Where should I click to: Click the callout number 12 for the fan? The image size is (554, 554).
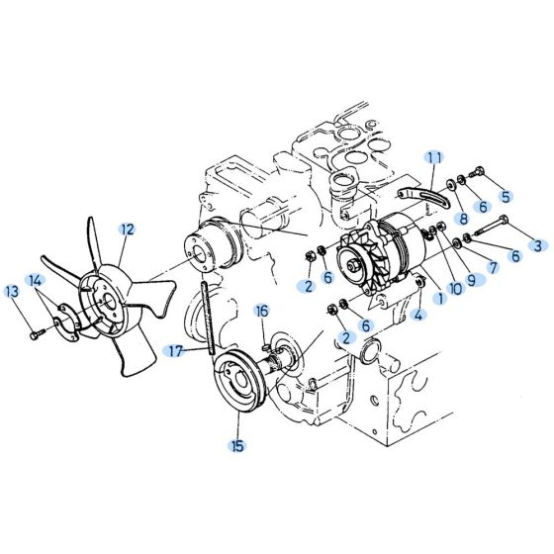(x=126, y=229)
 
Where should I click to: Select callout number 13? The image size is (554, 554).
(x=12, y=291)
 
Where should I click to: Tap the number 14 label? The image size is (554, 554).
(x=36, y=280)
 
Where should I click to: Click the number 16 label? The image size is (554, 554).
(x=262, y=311)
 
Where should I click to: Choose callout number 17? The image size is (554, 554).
(x=175, y=350)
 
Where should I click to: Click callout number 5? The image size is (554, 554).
(x=505, y=196)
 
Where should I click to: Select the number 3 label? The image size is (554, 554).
(x=538, y=244)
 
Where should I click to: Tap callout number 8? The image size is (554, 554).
(x=462, y=219)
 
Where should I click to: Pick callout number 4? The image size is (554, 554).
(x=418, y=316)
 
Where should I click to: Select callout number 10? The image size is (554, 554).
(x=456, y=289)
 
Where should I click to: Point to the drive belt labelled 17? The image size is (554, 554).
(x=206, y=317)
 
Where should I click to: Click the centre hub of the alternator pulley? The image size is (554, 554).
(x=353, y=264)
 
